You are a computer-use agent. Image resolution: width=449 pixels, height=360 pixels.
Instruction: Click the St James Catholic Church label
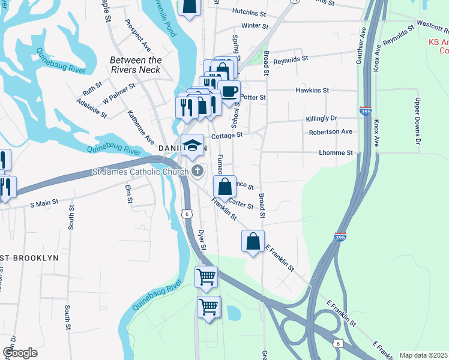tap(140, 172)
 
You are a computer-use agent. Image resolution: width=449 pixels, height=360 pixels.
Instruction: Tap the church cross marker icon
tap(196, 171)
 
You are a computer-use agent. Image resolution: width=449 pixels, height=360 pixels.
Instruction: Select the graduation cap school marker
tap(192, 145)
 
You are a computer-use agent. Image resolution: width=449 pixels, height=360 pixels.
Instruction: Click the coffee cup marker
tap(229, 92)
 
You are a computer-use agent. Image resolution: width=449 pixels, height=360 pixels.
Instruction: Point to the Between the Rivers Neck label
tap(136, 65)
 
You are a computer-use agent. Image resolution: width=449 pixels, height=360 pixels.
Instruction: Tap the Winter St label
tap(255, 26)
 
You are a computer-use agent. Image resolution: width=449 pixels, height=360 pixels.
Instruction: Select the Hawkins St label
tap(313, 90)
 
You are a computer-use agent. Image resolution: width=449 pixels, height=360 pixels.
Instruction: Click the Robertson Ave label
tap(330, 131)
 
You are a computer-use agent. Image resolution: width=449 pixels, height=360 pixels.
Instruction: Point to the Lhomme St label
tap(336, 153)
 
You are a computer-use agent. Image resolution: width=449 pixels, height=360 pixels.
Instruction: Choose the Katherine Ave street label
tap(140, 126)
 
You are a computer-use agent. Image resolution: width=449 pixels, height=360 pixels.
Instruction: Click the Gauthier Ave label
tap(363, 42)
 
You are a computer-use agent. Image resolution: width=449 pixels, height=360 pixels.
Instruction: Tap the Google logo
tap(20, 353)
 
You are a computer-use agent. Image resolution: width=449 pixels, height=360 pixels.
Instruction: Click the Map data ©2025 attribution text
tap(423, 355)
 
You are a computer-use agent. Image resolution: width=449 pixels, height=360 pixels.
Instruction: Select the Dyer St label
tap(202, 239)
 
